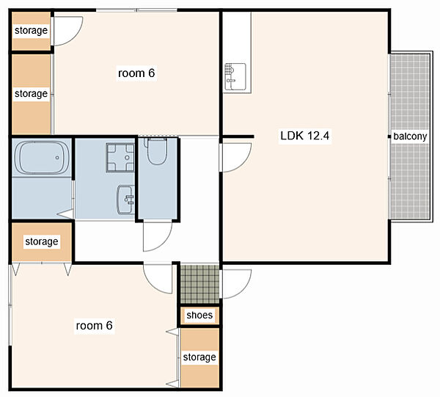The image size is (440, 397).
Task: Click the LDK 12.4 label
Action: point(305,136)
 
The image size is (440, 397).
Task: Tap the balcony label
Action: point(410,136)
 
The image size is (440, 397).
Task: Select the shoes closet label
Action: point(199,315)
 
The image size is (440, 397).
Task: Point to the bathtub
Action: point(42,158)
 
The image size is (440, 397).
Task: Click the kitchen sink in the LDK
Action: point(235,76)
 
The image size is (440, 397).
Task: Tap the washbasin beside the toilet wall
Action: point(125,200)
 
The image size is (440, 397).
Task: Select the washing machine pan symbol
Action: point(120,157)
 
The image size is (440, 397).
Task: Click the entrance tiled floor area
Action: point(199,284)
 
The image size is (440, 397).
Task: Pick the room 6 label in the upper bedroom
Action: point(136,73)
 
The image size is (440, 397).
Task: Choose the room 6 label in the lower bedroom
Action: point(95,326)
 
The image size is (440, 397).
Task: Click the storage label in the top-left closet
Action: point(31,30)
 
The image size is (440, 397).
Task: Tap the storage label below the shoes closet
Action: point(199,357)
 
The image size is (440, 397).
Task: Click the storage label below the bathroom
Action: point(42,241)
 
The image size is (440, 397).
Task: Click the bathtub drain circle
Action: point(57,158)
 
